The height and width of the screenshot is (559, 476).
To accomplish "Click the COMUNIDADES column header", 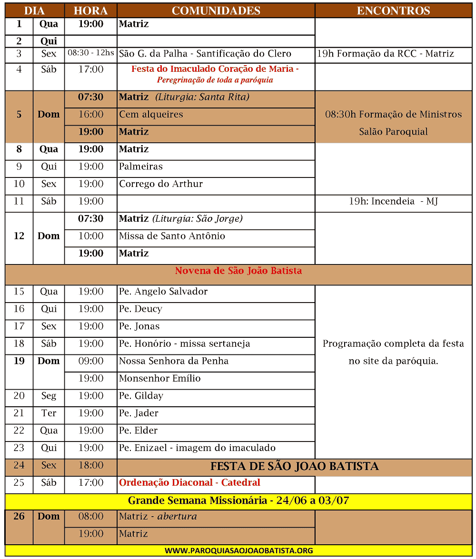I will (216, 10).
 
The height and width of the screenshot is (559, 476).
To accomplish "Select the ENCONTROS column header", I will (393, 10).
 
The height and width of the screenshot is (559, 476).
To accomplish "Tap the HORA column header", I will (90, 10).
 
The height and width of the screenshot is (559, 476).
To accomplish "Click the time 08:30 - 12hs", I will (90, 53).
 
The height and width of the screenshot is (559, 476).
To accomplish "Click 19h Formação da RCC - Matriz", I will (386, 54).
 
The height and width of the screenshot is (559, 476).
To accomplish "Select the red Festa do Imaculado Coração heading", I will (215, 69).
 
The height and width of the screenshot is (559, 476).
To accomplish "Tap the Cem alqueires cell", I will (151, 114).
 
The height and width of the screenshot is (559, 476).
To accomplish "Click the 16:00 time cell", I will (90, 114).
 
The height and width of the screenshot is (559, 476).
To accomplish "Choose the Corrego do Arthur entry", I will (161, 184).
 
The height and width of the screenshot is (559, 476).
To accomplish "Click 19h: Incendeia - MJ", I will (393, 201).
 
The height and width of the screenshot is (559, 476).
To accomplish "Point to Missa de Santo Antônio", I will (172, 236).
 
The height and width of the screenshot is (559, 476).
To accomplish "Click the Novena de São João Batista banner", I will (238, 271).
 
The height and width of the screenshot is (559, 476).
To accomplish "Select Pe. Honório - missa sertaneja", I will (184, 343).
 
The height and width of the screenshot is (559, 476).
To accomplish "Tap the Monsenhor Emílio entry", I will (160, 378).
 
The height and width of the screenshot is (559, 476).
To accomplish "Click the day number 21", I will (19, 413).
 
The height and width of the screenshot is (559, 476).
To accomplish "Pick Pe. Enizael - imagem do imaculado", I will (197, 448).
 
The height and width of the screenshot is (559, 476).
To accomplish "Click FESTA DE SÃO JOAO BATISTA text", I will (294, 466).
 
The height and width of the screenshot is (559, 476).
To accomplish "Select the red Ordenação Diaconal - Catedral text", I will (189, 482).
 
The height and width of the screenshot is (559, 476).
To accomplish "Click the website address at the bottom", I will (238, 550).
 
